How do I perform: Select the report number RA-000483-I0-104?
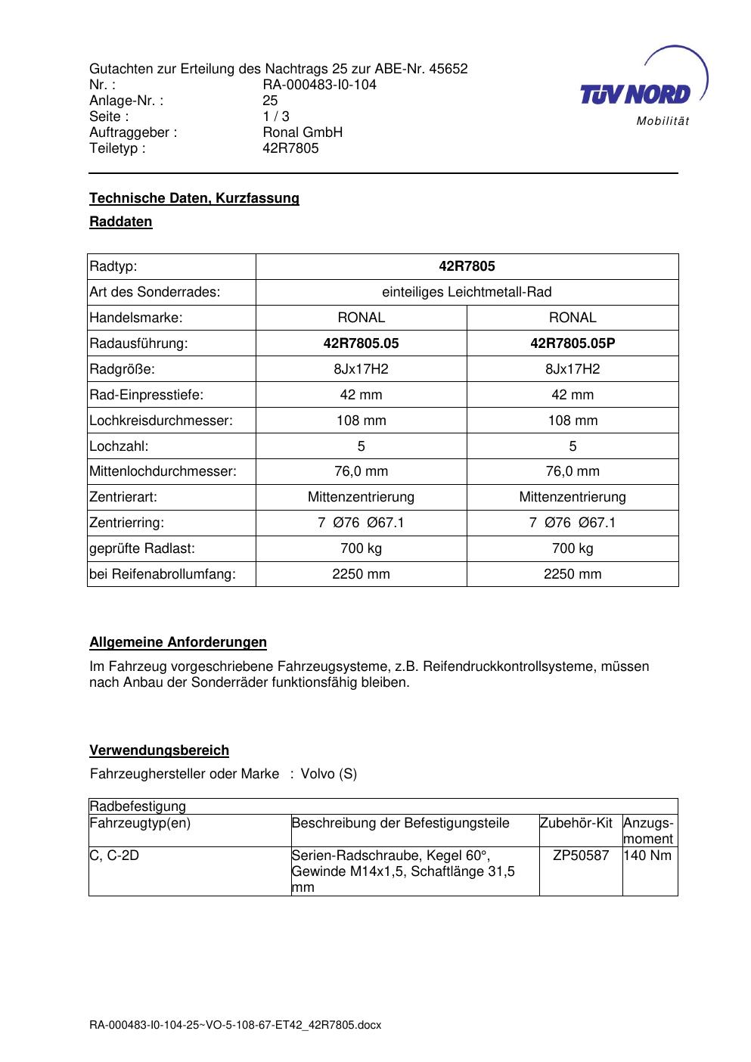319,85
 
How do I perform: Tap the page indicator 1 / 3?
275,116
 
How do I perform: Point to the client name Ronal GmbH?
303,132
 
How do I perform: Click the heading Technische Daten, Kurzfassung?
194,198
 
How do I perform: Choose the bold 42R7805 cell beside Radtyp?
467,266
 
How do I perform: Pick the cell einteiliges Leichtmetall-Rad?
467,292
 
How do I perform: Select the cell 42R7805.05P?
573,343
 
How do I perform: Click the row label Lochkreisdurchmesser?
161,421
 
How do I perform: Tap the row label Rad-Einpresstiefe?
147,395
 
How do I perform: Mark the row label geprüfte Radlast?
142,548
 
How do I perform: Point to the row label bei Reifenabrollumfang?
163,574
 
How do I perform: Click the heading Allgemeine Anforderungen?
178,642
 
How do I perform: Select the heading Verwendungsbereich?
159,750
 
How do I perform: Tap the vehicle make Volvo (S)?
329,774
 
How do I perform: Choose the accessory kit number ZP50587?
581,855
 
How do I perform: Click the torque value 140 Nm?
647,855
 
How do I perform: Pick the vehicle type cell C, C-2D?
114,855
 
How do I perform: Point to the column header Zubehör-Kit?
576,823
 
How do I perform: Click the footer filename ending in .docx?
235,1025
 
